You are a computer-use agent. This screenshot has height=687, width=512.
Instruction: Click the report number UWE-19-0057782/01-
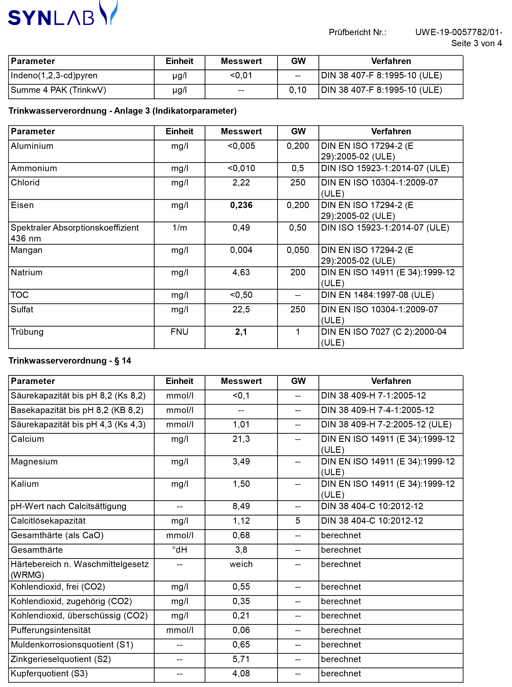pos(458,32)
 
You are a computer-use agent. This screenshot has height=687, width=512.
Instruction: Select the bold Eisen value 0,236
pos(241,205)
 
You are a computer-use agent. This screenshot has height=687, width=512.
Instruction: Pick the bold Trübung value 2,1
pos(241,332)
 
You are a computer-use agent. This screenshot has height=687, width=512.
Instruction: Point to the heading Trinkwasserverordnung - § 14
pos(70,361)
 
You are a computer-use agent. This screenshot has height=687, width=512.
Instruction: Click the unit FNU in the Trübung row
pos(179,332)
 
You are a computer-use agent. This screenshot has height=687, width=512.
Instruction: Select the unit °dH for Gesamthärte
pos(179,550)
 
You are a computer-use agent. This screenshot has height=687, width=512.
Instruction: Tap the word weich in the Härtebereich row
pos(241,564)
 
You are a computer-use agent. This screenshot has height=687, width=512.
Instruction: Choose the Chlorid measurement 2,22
pos(241,183)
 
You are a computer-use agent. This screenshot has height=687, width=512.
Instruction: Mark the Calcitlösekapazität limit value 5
pos(298,521)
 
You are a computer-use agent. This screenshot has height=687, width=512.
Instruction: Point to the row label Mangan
pos(27,250)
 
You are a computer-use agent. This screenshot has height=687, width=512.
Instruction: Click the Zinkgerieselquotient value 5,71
pos(241,659)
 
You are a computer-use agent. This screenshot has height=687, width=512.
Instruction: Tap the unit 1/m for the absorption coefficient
pos(179,228)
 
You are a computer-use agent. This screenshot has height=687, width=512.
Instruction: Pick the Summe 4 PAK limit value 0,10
pos(298,90)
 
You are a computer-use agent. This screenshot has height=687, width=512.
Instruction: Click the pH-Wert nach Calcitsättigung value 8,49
pos(241,506)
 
